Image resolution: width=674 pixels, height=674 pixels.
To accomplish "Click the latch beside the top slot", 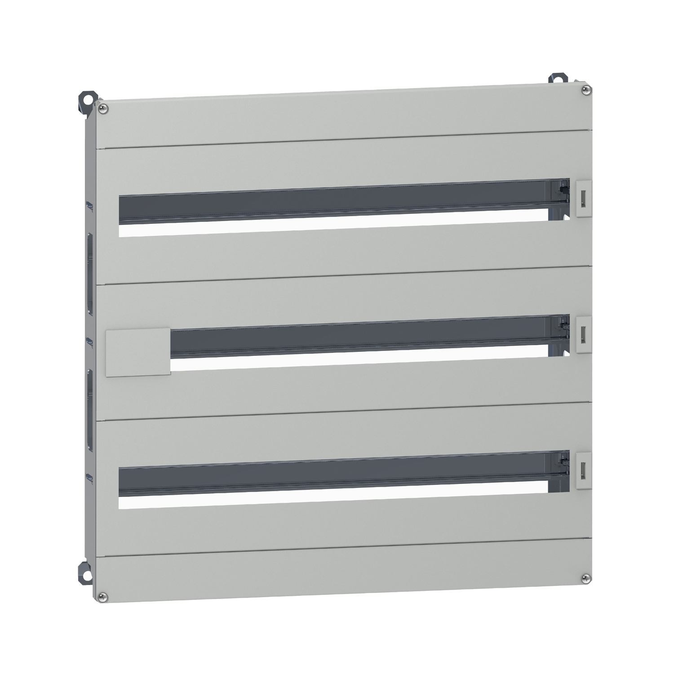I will pos(583,198).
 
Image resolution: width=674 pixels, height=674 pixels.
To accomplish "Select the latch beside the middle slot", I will pos(583,333).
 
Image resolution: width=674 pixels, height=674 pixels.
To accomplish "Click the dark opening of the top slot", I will pos(333,204).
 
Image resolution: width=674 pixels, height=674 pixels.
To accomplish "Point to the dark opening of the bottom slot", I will pos(333,476).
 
